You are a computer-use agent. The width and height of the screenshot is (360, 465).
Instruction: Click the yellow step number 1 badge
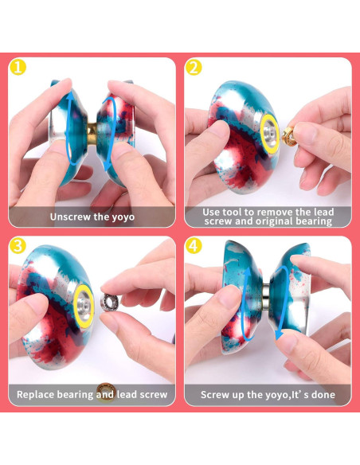pyautogui.click(x=18, y=68)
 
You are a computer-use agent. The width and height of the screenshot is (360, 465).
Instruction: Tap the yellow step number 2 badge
pyautogui.click(x=194, y=68)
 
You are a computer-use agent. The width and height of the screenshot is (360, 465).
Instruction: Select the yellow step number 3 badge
pyautogui.click(x=18, y=246)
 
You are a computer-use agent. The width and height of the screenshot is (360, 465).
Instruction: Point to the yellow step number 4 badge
pyautogui.click(x=194, y=246)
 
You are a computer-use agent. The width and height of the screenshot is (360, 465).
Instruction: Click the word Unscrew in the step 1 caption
pyautogui.click(x=70, y=216)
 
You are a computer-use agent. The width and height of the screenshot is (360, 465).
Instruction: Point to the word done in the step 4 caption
pyautogui.click(x=319, y=394)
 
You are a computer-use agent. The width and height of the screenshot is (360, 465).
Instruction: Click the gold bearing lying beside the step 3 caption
pyautogui.click(x=105, y=392)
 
